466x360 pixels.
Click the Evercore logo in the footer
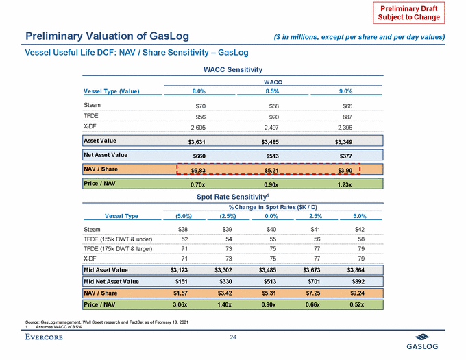click(x=48, y=336)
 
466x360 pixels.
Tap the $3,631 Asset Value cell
click(x=197, y=142)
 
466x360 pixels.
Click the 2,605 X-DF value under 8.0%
click(x=197, y=128)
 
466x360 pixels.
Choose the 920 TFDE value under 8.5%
click(x=271, y=117)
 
